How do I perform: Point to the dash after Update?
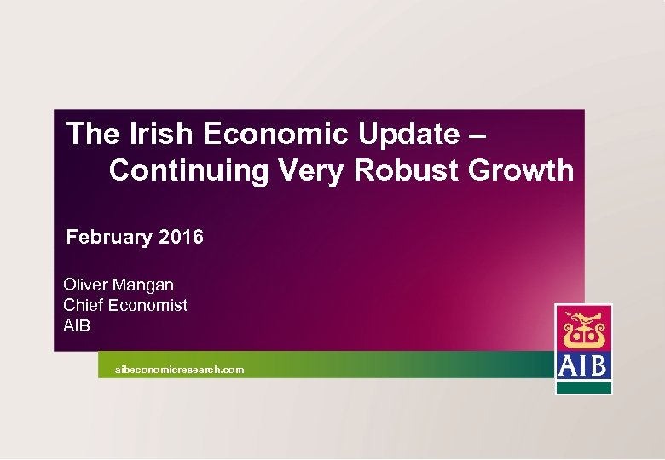[x=478, y=135]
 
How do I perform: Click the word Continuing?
[x=188, y=171]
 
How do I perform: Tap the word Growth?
[x=521, y=171]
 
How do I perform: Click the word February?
[x=109, y=237]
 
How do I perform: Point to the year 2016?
[x=181, y=237]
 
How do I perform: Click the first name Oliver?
[x=86, y=285]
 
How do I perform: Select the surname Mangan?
[x=144, y=285]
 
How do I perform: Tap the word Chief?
[x=84, y=305]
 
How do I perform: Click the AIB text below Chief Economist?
[x=77, y=325]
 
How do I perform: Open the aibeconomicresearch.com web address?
[x=180, y=370]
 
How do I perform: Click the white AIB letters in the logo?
[x=583, y=365]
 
